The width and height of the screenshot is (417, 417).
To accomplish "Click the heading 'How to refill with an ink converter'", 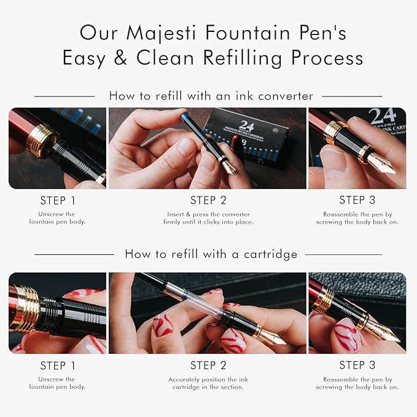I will point(211,96).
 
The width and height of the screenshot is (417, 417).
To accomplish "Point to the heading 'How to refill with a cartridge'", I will point(211,254).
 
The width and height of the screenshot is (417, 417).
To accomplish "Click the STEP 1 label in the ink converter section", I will point(57,200).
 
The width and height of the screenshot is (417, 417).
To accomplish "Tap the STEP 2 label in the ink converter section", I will point(208,200).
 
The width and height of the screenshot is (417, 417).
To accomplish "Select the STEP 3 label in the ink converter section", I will point(357,200).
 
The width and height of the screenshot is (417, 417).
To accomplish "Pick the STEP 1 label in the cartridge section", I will point(57,365).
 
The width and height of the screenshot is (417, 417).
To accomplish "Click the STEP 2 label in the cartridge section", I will point(208,365).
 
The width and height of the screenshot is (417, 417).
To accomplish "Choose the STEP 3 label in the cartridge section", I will point(357,365).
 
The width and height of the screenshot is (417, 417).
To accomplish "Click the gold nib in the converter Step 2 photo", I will point(228,166).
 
